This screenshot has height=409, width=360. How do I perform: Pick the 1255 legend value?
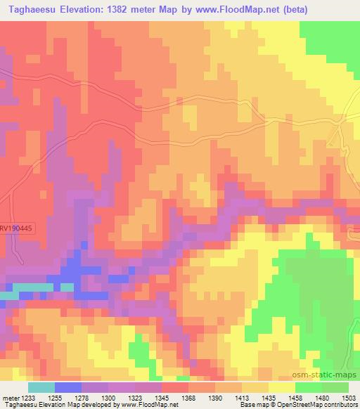pos(56,397)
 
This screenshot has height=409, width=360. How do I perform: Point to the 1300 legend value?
pos(109,397)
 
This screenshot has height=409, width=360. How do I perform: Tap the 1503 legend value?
pos(349,397)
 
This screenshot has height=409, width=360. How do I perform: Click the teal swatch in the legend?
pos(41,387)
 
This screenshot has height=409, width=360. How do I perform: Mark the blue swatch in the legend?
pos(68,387)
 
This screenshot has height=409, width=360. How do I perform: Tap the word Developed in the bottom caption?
pos(92,405)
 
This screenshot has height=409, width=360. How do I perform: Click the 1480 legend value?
pos(323,397)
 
